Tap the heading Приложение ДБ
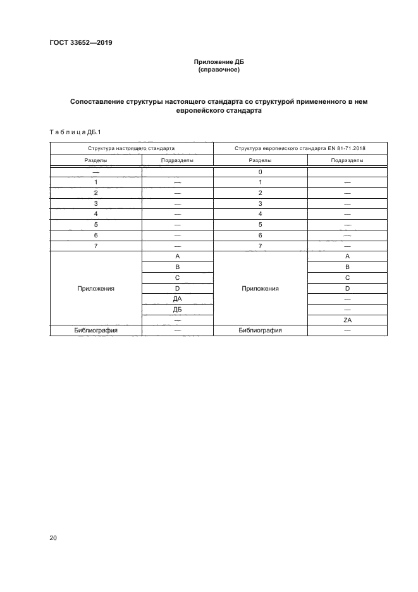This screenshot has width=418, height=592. pyautogui.click(x=218, y=62)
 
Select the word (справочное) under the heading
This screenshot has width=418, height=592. pyautogui.click(x=218, y=70)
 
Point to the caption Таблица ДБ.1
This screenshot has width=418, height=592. pyautogui.click(x=75, y=132)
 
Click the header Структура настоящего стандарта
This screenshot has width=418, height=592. pyautogui.click(x=132, y=148)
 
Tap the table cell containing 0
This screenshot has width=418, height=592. pyautogui.click(x=260, y=172)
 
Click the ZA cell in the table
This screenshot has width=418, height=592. pyautogui.click(x=347, y=320)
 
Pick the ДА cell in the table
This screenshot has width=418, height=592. pyautogui.click(x=178, y=299)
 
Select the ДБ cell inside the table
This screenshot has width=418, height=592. pyautogui.click(x=178, y=310)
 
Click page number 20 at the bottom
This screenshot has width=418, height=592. pyautogui.click(x=53, y=538)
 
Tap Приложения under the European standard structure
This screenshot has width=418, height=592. pyautogui.click(x=260, y=288)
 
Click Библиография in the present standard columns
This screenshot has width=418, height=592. pyautogui.click(x=95, y=331)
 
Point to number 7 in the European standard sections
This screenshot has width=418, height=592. pyautogui.click(x=260, y=246)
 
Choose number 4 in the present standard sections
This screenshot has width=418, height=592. pyautogui.click(x=95, y=214)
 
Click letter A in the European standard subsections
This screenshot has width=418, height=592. pyautogui.click(x=347, y=256)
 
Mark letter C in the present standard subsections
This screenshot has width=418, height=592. pyautogui.click(x=178, y=277)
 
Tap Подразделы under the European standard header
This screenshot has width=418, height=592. pyautogui.click(x=347, y=160)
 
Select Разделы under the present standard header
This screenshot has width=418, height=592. pyautogui.click(x=95, y=160)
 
